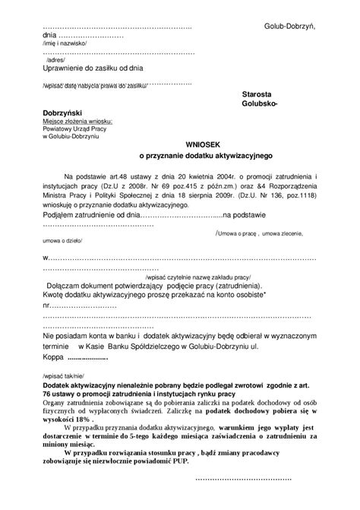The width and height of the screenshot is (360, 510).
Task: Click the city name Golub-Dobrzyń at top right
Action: (289, 27)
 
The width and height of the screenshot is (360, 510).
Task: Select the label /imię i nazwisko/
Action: (65, 44)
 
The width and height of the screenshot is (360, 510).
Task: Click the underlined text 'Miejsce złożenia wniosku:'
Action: (77, 121)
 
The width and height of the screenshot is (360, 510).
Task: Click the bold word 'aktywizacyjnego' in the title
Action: (244, 154)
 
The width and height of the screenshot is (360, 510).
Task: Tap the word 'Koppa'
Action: (53, 356)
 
